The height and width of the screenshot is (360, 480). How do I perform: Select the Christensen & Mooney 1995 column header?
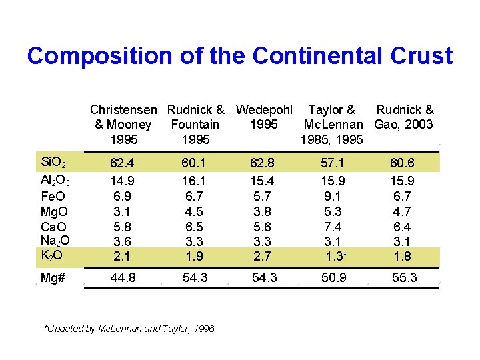pos(123,125)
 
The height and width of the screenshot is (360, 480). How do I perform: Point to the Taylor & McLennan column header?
pos(332,125)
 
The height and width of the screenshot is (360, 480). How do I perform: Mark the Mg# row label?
pos(53,277)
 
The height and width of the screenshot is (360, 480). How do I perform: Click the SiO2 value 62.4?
pos(122,162)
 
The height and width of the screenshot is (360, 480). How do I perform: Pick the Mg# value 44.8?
pos(122,277)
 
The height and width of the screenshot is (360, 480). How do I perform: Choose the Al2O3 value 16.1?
pos(194,181)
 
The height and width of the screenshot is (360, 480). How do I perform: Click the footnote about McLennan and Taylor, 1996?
pos(129,329)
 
